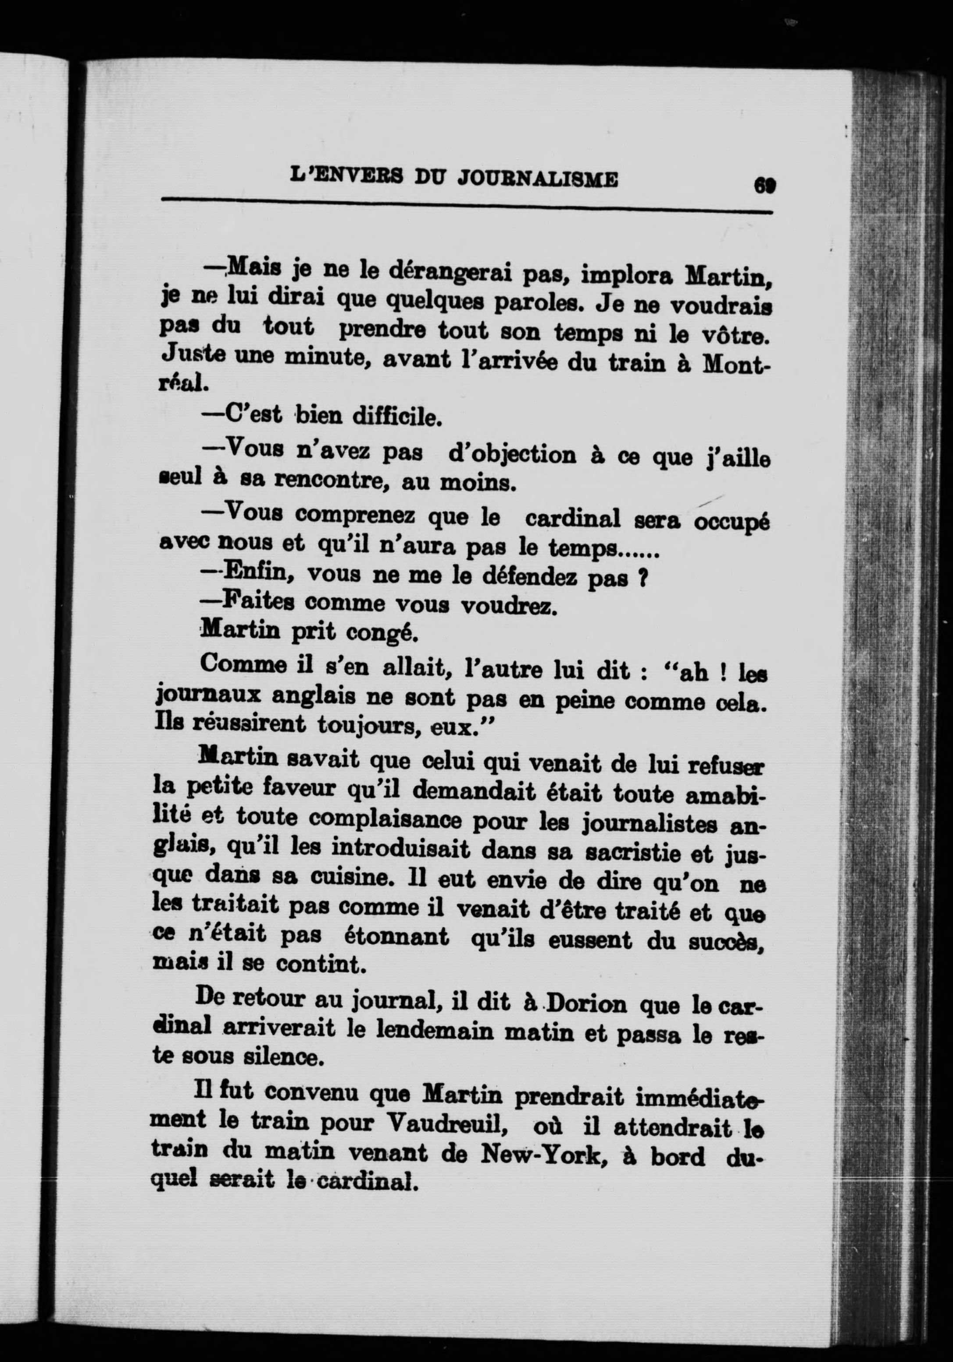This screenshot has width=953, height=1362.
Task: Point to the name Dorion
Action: point(586,1005)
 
